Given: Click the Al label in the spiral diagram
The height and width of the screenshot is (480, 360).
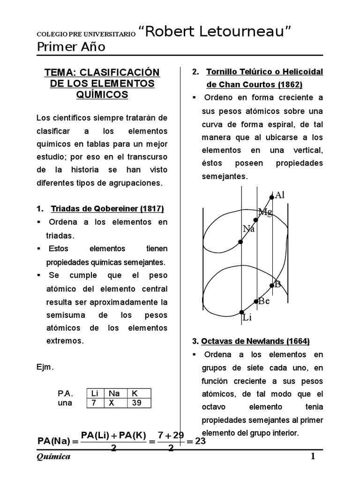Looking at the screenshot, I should coord(280,195).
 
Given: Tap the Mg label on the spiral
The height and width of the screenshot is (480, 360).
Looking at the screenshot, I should coord(265,212).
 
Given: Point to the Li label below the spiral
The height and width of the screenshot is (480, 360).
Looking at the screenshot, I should coord(247,318).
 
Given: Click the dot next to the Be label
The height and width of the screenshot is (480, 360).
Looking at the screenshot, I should coord(256,301).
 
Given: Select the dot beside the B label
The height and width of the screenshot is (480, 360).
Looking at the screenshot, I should coord(272,285).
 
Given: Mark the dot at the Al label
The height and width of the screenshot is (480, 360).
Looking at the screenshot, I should coord(272,197).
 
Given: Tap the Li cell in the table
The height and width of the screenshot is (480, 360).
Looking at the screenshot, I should coord(94,394).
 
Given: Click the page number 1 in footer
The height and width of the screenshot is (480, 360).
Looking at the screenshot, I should coord(313,457).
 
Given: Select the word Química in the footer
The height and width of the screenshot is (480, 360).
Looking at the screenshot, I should coord(53,457).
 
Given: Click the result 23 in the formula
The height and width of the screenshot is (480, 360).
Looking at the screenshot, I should coord(201,441).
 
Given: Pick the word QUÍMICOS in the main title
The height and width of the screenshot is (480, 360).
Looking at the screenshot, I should coord(102,94).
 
